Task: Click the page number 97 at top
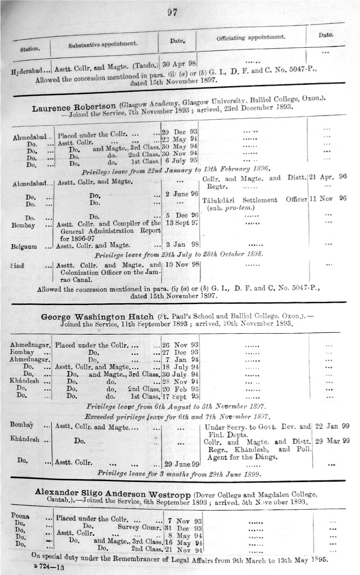point(172,13)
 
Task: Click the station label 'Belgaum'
point(24,245)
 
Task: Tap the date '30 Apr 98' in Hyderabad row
point(180,63)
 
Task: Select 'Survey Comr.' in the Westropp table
point(135,527)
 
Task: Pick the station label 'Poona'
point(23,517)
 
